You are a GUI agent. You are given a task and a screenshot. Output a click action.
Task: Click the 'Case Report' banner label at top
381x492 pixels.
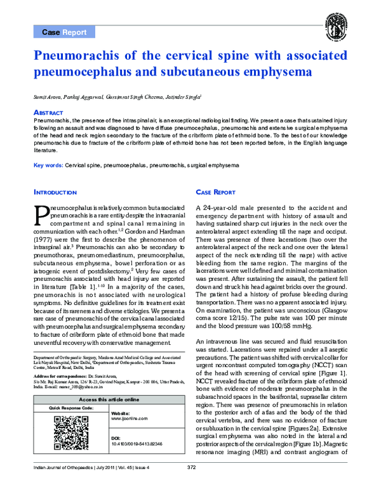coord(64,32)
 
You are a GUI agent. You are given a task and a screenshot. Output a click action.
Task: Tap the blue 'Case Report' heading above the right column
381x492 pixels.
coord(215,191)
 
